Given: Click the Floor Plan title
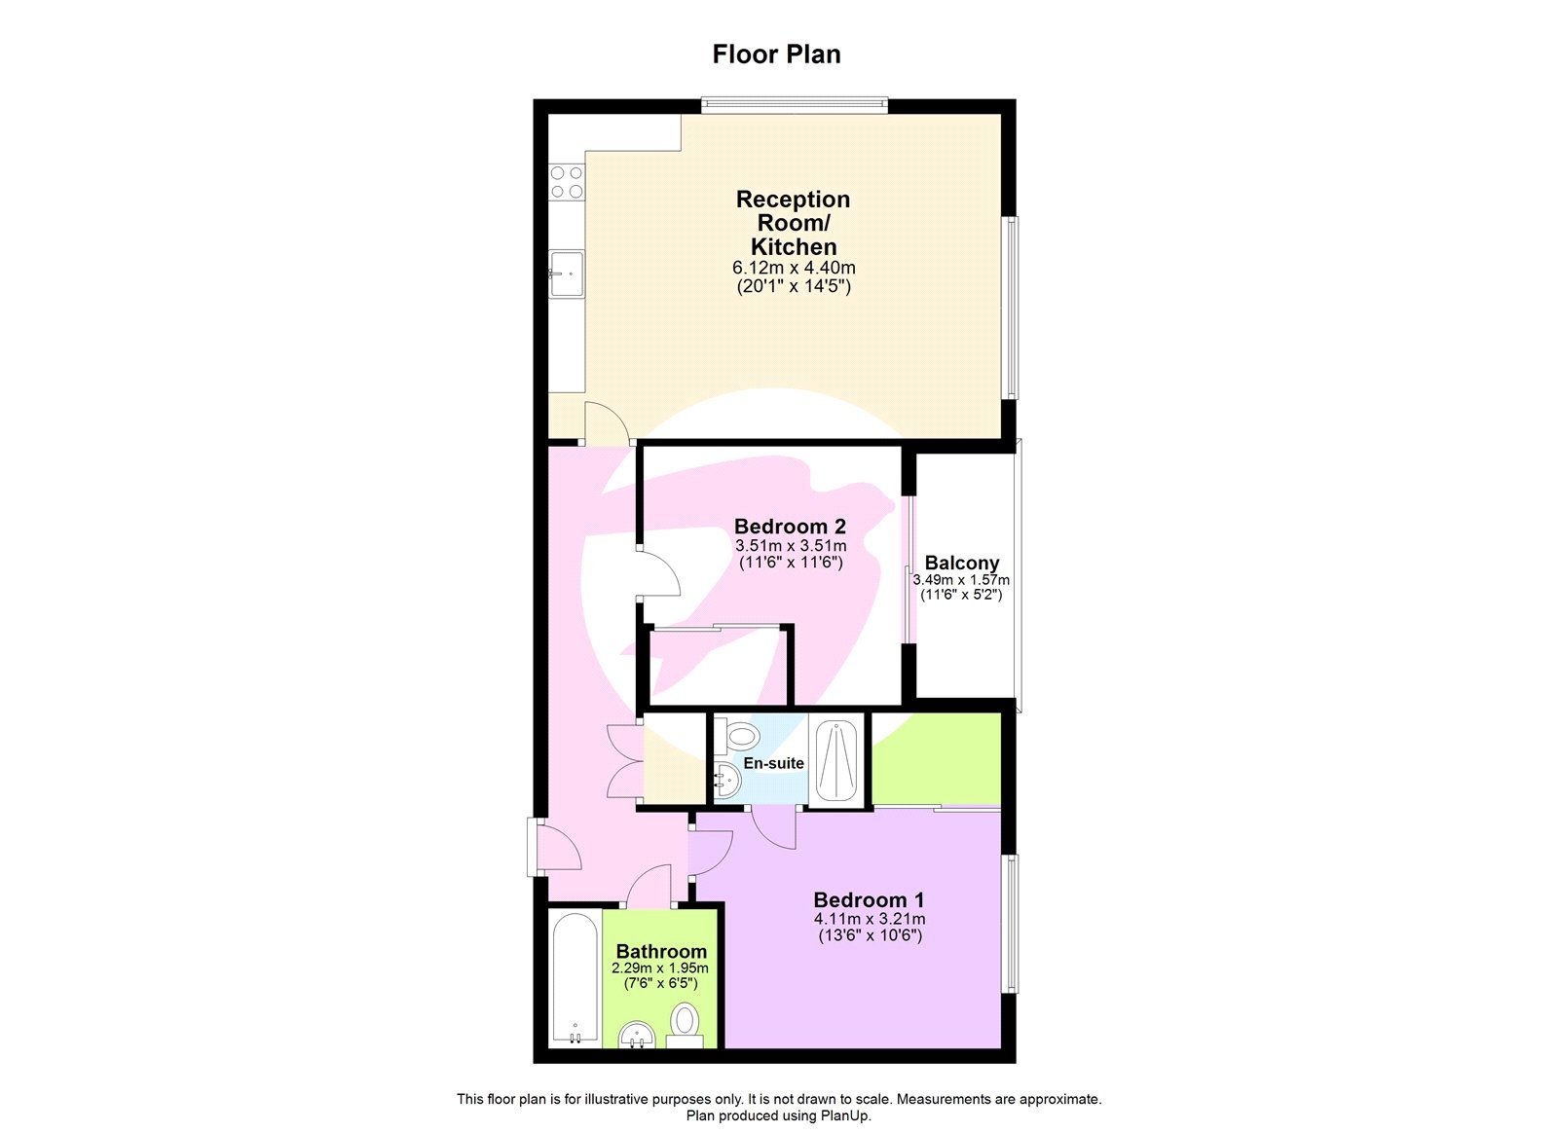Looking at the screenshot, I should pos(776,55).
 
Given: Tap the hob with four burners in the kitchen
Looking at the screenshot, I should pos(567,182).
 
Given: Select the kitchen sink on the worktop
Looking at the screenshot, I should pos(566,273).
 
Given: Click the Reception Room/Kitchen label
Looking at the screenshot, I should pos(793,223).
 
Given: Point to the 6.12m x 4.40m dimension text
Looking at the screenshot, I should pos(794,268).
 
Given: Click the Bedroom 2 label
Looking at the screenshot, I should pos(790,527).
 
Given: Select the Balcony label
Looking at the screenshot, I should pos(961,563).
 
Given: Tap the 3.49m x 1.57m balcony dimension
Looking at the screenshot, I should pos(961,580).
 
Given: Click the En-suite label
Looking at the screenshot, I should pos(773,763).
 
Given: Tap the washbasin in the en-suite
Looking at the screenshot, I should pos(726,780).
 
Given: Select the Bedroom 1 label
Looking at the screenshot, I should pos(869,900).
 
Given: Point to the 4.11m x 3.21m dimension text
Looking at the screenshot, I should pos(869,919).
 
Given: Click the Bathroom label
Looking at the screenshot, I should pos(661,951).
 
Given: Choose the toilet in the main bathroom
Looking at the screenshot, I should pos(685,1024).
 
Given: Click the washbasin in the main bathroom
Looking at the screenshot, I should pos(637,1033).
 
